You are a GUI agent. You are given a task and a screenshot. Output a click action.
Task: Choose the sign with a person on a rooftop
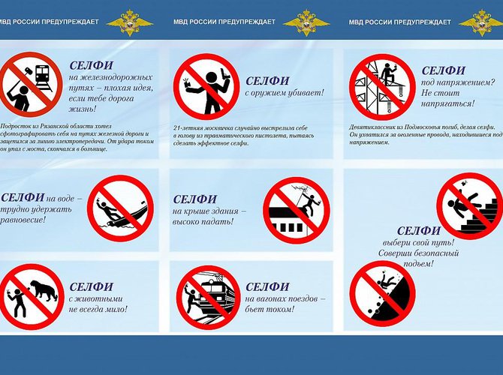(x=296, y=210)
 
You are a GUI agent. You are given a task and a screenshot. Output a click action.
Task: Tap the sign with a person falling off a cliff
(x=382, y=293)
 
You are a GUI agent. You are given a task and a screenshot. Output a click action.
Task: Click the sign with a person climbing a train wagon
(x=207, y=297)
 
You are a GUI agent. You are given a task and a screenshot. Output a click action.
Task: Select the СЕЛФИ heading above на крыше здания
(x=194, y=199)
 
